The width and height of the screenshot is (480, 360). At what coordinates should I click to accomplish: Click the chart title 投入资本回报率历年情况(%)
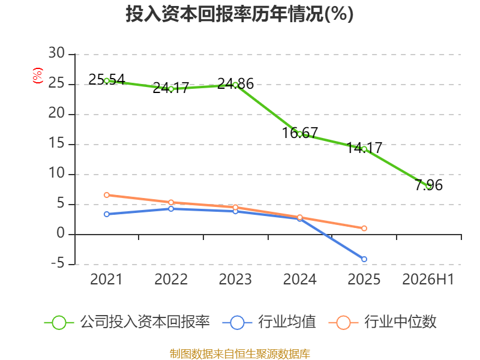(x=239, y=14)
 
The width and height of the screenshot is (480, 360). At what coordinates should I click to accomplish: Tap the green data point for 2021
(x=107, y=81)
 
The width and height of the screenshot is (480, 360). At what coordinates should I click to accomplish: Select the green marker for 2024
(x=299, y=134)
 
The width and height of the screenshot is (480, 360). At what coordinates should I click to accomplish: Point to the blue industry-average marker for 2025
(x=364, y=259)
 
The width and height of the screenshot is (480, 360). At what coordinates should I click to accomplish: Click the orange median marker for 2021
(x=107, y=195)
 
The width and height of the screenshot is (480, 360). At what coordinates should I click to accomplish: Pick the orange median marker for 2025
(x=364, y=229)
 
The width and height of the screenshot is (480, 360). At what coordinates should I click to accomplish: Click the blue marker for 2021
(x=107, y=214)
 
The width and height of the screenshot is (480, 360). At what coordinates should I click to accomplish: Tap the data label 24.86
(x=235, y=83)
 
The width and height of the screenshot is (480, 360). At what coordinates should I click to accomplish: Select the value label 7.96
(x=428, y=185)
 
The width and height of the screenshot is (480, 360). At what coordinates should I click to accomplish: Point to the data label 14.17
(x=364, y=148)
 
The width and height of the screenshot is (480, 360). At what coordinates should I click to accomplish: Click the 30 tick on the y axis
(x=56, y=53)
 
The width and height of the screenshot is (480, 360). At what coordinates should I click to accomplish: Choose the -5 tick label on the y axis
(x=58, y=263)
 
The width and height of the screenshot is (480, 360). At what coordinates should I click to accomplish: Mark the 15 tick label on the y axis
(x=56, y=143)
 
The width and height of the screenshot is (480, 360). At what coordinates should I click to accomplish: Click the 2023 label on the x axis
(x=235, y=279)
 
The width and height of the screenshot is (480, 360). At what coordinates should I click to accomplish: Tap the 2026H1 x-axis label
(x=428, y=279)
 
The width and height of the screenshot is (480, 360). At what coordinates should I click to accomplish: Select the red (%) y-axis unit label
(x=38, y=76)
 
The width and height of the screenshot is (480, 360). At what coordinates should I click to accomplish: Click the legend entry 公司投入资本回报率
(x=127, y=322)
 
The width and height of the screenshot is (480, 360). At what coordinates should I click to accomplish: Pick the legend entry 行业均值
(x=269, y=322)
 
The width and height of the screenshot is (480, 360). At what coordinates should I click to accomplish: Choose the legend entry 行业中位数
(x=383, y=322)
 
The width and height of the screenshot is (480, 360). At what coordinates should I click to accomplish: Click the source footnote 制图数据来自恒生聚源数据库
(x=240, y=354)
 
